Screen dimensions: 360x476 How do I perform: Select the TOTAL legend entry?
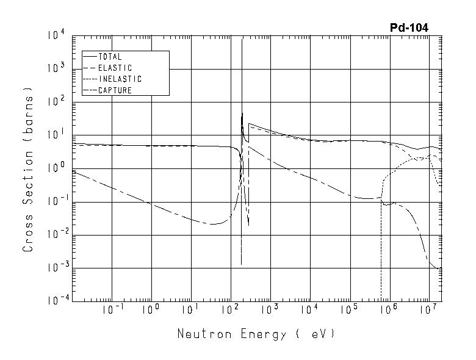coord(110,57)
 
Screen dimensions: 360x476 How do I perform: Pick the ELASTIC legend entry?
coord(114,68)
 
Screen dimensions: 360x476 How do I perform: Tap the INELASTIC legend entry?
coord(120,79)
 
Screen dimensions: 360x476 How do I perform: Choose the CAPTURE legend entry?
coord(115,90)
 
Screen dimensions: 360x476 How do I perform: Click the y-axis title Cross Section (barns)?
coord(27,168)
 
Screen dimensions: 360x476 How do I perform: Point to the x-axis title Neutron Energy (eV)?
coord(256,334)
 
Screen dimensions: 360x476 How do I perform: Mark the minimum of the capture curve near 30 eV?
coord(211,224)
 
